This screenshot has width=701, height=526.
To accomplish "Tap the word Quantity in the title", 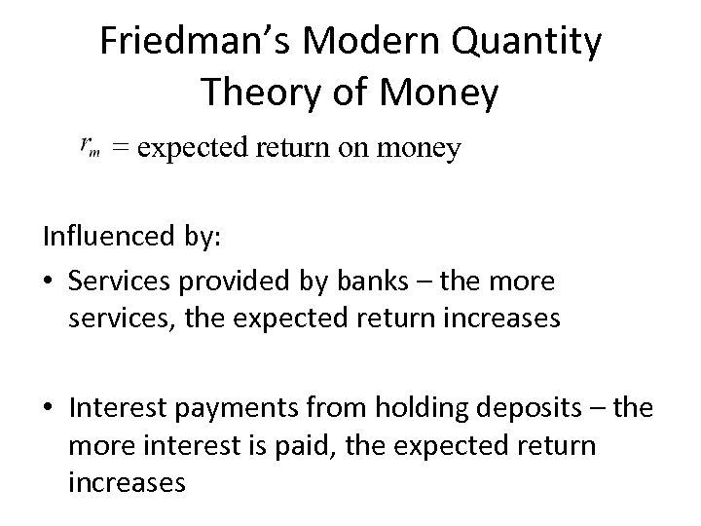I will (527, 42).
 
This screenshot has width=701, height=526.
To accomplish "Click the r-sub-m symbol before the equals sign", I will (89, 148).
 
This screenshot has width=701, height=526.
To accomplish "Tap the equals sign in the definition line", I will (120, 148).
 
